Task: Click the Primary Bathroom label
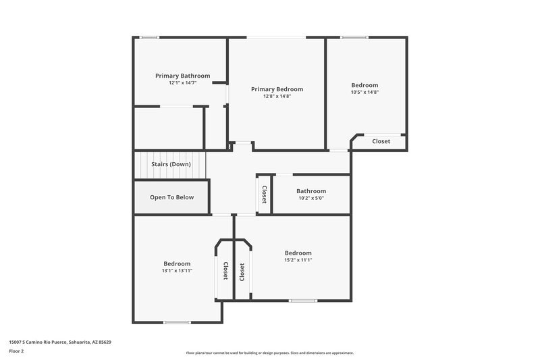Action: pyautogui.click(x=182, y=76)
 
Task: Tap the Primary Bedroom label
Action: pyautogui.click(x=277, y=89)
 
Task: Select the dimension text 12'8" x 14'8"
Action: pyautogui.click(x=277, y=97)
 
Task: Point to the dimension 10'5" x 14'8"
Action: pyautogui.click(x=364, y=92)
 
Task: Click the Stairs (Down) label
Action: pyautogui.click(x=170, y=164)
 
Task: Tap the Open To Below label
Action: pyautogui.click(x=171, y=197)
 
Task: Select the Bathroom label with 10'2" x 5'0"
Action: pyautogui.click(x=311, y=191)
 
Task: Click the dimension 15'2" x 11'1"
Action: pyautogui.click(x=298, y=259)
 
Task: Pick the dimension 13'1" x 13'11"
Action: pyautogui.click(x=176, y=270)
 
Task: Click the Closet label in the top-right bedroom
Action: pyautogui.click(x=381, y=141)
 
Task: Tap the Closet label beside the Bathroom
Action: pyautogui.click(x=264, y=195)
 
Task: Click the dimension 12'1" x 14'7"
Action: pyautogui.click(x=182, y=83)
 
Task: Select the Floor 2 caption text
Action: pyautogui.click(x=17, y=351)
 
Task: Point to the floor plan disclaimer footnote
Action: pyautogui.click(x=269, y=353)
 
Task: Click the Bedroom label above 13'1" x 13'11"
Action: pyautogui.click(x=176, y=263)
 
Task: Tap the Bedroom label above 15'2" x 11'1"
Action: pyautogui.click(x=298, y=253)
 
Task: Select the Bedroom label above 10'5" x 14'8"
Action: pyautogui.click(x=364, y=85)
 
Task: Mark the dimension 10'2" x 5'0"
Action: pyautogui.click(x=311, y=198)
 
